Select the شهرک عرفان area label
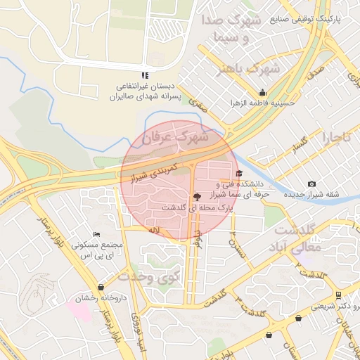[x=175, y=137]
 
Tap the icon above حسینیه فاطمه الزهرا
[x=263, y=92]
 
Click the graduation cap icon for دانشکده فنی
[x=238, y=174]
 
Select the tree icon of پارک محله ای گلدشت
[x=196, y=198]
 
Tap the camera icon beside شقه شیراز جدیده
[x=312, y=184]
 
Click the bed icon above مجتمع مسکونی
[x=96, y=234]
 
